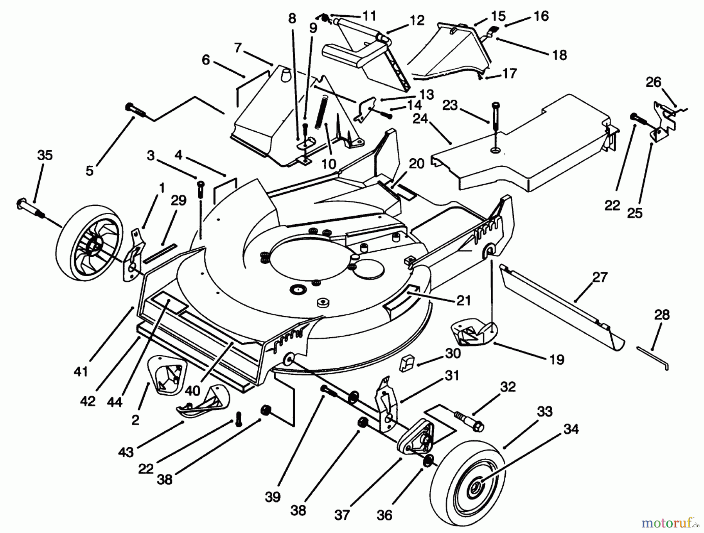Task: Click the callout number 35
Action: [45, 156]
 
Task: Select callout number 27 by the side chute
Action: [600, 277]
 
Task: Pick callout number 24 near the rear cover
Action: [420, 119]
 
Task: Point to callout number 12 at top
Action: [417, 20]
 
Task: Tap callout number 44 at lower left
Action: [115, 401]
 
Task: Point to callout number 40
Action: [193, 390]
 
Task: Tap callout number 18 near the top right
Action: [560, 55]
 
